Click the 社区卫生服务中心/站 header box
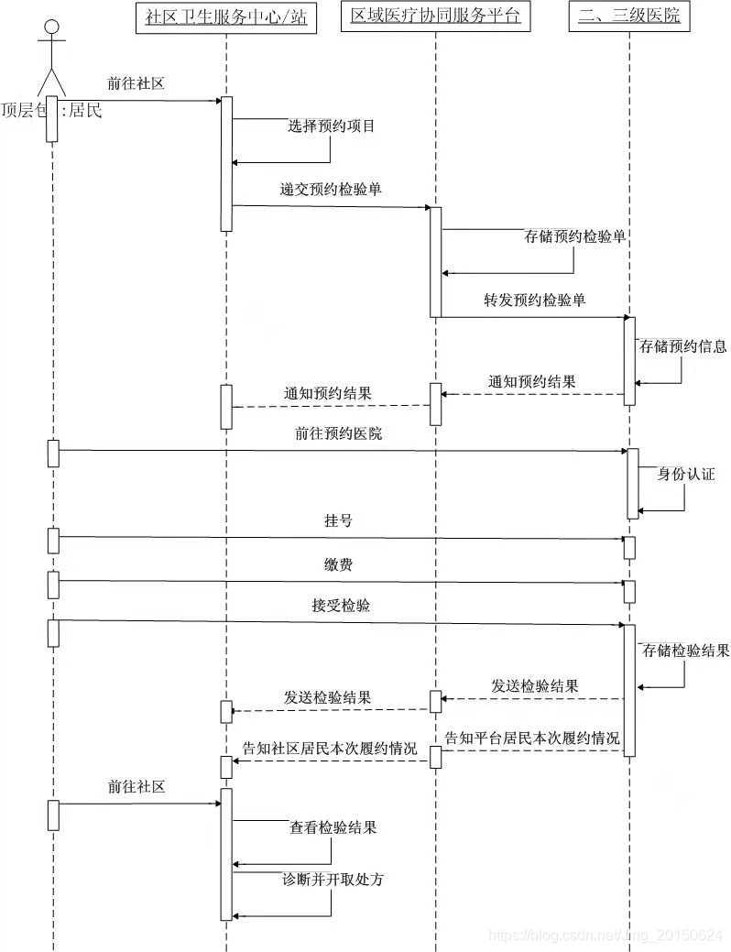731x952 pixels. click(x=226, y=17)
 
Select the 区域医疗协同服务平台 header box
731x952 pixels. click(x=435, y=17)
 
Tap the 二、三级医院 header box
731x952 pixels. click(x=629, y=16)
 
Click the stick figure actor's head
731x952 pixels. click(x=51, y=26)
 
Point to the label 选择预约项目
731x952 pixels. click(x=332, y=126)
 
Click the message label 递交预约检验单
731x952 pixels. click(x=331, y=191)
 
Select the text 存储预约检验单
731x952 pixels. click(x=575, y=236)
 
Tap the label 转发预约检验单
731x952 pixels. click(x=535, y=301)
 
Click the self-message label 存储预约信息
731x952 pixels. click(x=683, y=346)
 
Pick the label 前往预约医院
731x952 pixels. click(x=339, y=434)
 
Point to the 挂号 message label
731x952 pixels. click(x=338, y=520)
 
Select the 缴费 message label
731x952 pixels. click(x=338, y=565)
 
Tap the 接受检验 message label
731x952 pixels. click(x=341, y=607)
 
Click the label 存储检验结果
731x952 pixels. click(x=685, y=651)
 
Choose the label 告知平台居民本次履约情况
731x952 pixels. click(x=532, y=738)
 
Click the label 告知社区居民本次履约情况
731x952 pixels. click(x=329, y=748)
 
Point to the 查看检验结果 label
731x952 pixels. click(x=333, y=828)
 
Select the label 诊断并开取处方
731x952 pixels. click(x=333, y=880)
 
